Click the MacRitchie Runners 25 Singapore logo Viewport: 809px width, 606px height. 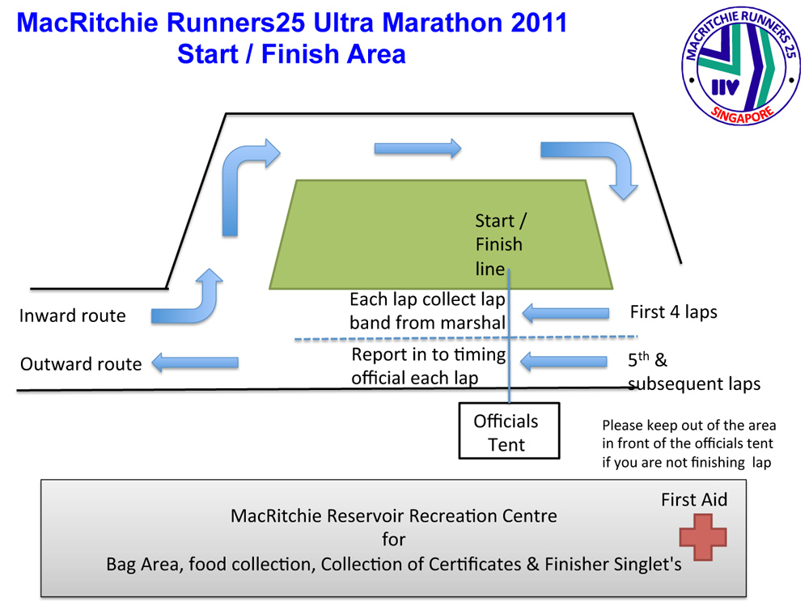[x=740, y=70]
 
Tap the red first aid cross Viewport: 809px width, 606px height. [x=702, y=538]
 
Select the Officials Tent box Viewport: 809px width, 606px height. [x=508, y=432]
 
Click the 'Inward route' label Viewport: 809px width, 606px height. [x=73, y=316]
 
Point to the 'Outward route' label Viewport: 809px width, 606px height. [x=81, y=364]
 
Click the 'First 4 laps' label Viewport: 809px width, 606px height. [x=673, y=311]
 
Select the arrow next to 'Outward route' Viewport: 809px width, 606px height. [x=195, y=362]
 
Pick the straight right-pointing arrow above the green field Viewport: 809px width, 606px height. [x=417, y=148]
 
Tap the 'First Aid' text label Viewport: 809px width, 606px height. [x=694, y=499]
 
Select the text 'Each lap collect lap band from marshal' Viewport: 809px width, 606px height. [x=427, y=311]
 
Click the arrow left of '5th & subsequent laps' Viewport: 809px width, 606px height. [x=565, y=362]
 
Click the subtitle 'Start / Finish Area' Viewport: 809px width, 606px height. [x=291, y=54]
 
